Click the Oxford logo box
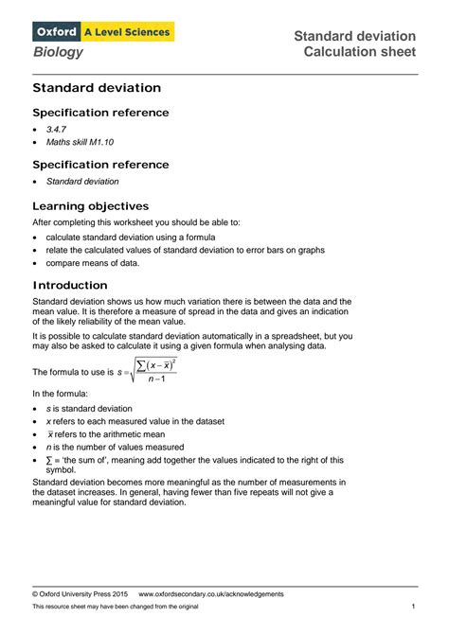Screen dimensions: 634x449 [x=56, y=32]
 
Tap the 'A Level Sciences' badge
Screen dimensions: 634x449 [x=127, y=32]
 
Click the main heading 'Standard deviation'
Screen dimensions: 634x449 [x=97, y=88]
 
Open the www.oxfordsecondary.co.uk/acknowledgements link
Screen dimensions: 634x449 [x=211, y=593]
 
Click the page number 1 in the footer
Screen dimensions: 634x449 [x=414, y=606]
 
